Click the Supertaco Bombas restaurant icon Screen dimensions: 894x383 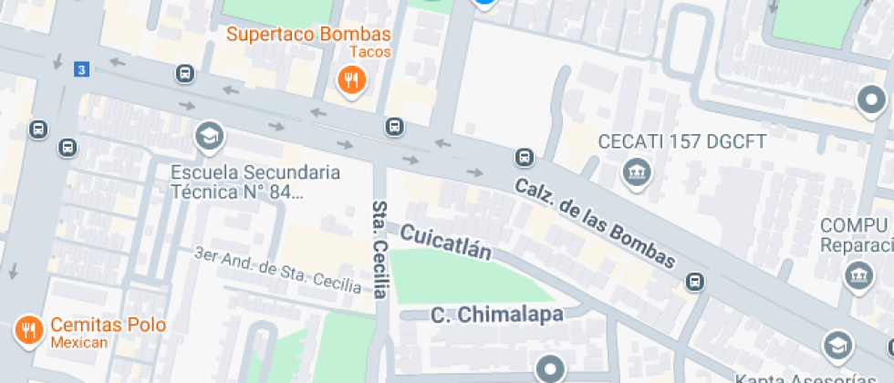click(351, 81)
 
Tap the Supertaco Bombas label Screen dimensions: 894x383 click(308, 35)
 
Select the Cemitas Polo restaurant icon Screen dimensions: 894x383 click(29, 329)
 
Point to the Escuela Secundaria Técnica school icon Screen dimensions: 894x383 click(209, 137)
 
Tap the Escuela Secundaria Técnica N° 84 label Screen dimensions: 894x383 click(255, 181)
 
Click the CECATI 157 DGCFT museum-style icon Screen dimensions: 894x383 click(633, 170)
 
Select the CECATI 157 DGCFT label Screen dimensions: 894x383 click(682, 141)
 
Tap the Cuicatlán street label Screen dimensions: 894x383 click(445, 242)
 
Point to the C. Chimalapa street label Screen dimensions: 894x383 click(497, 316)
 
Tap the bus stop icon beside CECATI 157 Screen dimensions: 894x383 click(525, 157)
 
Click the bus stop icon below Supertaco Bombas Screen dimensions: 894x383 click(394, 126)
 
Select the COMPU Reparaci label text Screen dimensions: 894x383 click(856, 235)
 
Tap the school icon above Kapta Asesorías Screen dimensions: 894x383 click(837, 345)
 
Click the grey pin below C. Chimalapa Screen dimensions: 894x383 click(550, 369)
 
